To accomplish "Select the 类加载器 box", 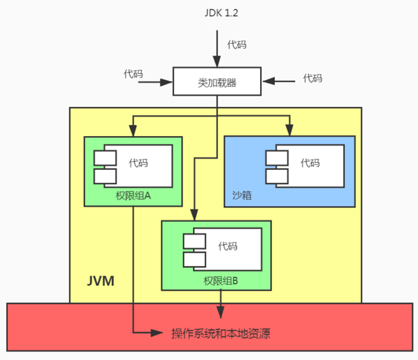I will pos(217,82).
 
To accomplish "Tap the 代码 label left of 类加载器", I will pos(133,74).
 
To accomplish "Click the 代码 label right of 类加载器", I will pos(312,78).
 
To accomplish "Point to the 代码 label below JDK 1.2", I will pos(236,44).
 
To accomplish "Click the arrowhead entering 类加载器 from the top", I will pos(217,63).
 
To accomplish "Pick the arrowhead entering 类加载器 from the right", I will pos(267,82).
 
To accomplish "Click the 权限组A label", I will pos(133,196).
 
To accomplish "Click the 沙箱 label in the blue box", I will pos(241,196).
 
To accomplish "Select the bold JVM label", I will pos(101,281).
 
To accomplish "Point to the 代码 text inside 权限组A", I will pos(138,163).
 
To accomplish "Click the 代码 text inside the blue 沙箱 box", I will pos(310,163).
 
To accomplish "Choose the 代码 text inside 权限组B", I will pos(228,246).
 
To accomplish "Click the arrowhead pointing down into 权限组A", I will pos(133,131).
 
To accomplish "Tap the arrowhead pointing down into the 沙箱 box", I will pos(289,131).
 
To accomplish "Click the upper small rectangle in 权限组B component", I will pos(194,240).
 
